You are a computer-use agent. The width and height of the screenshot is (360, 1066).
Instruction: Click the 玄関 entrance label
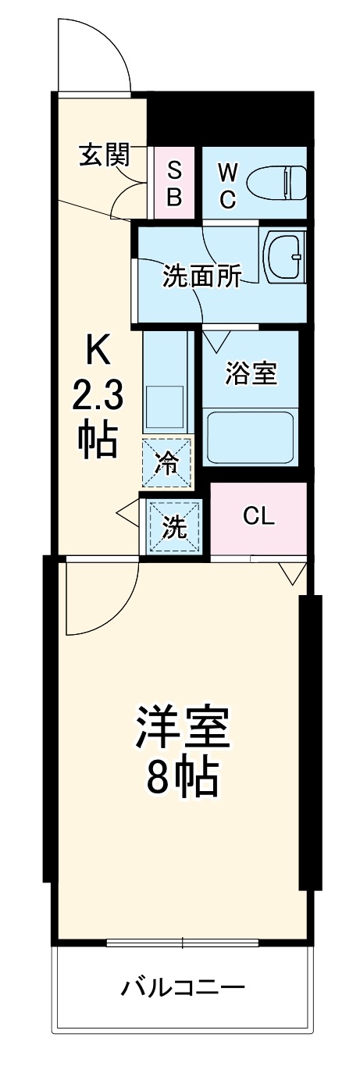pyautogui.click(x=103, y=156)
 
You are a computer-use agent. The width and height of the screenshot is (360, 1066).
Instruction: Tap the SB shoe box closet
pyautogui.click(x=175, y=183)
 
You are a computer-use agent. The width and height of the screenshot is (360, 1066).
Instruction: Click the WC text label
pyautogui.click(x=226, y=184)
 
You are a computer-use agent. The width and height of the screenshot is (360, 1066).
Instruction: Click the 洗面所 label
pyautogui.click(x=201, y=276)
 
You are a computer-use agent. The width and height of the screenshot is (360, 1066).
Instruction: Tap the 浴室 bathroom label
pyautogui.click(x=251, y=373)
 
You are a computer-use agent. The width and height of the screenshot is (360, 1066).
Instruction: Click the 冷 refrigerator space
pyautogui.click(x=166, y=462)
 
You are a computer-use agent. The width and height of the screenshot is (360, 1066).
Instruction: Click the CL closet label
pyautogui.click(x=258, y=516)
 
